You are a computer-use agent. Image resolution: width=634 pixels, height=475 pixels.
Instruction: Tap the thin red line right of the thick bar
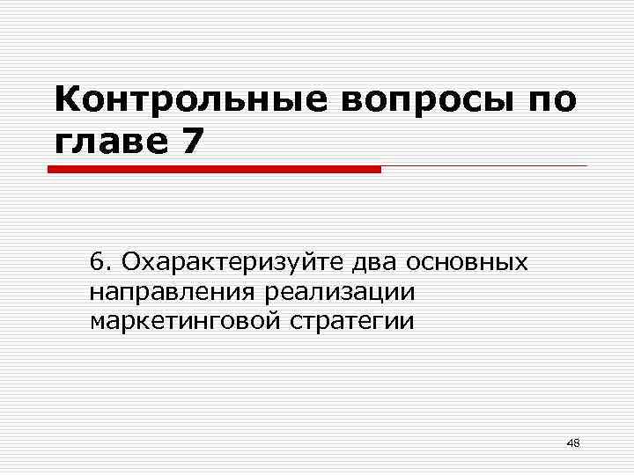[484, 166]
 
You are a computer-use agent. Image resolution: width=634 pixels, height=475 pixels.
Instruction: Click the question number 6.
[98, 261]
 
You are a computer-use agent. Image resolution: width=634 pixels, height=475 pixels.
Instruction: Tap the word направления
[170, 291]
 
